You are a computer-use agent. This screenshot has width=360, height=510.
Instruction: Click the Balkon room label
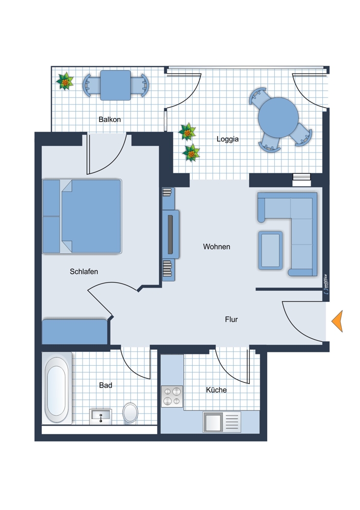point(110,119)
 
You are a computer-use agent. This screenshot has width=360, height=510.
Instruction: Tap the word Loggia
point(227,139)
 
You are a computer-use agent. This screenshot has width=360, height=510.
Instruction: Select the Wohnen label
point(217,246)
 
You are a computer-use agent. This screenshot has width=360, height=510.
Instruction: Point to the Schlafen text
point(84,271)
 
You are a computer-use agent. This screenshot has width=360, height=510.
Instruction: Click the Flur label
point(231,319)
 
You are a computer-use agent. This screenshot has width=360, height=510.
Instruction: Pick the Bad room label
point(106,385)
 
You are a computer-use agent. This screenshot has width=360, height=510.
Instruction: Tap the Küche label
point(216,390)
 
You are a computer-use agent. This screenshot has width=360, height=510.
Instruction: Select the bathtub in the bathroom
point(57,388)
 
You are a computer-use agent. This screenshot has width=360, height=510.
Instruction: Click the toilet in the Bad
point(131,413)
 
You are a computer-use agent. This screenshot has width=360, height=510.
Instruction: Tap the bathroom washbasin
point(101,416)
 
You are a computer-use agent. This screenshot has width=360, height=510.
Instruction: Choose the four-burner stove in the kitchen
point(172,396)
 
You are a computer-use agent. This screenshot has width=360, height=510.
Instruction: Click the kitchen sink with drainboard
point(222,422)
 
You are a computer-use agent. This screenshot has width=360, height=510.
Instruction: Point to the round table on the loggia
point(278,118)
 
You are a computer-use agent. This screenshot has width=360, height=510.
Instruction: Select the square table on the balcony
point(115,85)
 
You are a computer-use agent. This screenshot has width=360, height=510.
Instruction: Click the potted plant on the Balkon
point(65,81)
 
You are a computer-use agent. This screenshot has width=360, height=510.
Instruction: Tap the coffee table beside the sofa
point(270,250)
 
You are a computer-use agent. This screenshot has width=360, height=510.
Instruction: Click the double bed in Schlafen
point(82,216)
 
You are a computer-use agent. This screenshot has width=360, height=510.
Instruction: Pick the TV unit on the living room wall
point(171,234)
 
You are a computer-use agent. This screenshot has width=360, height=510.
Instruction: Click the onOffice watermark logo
point(326,285)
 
